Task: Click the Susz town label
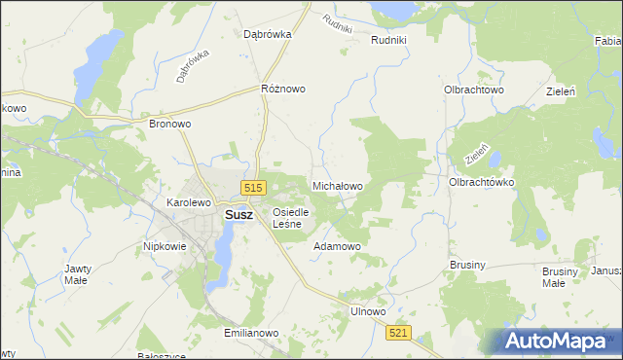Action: [238, 216]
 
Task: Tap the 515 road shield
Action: [254, 188]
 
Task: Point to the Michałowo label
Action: [337, 185]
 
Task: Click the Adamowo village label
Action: [337, 246]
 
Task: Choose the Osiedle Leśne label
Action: [291, 218]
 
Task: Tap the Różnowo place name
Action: [283, 89]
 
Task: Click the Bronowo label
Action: [169, 125]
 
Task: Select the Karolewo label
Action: [189, 202]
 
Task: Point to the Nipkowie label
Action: [165, 246]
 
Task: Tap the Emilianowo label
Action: [251, 333]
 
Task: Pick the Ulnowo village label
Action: [368, 311]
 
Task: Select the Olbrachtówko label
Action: [481, 182]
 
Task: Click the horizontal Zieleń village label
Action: [563, 90]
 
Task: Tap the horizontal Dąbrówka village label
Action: [268, 33]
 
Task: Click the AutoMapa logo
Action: [560, 341]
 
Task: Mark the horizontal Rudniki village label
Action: [395, 40]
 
